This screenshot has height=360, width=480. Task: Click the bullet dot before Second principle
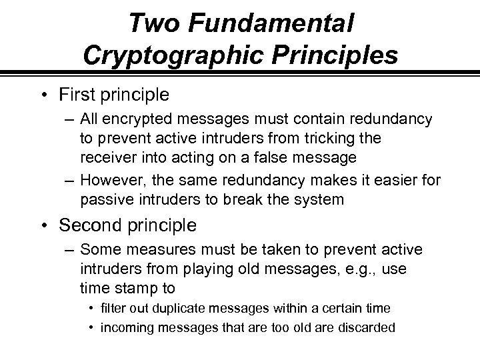click(47, 226)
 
